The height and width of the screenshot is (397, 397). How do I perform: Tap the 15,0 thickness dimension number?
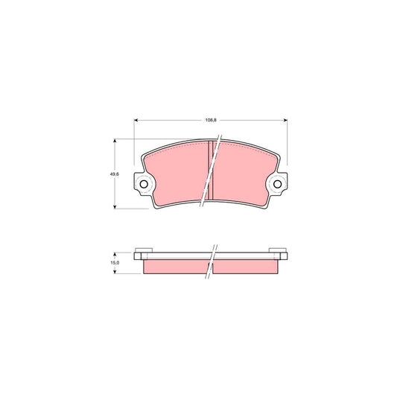tap(114, 263)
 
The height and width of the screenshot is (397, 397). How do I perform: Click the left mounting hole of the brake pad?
tap(144, 185)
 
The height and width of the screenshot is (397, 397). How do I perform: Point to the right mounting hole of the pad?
tap(279, 185)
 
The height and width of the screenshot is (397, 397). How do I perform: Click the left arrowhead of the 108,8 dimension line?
tap(136, 121)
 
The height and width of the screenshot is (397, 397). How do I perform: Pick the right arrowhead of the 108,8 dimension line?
tap(287, 121)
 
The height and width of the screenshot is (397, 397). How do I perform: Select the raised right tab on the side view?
tap(276, 248)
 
